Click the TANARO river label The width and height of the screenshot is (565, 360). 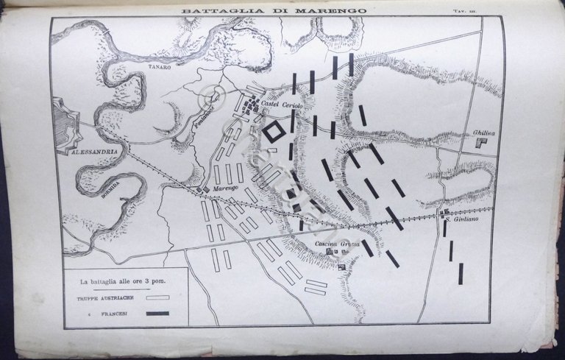pos(162,67)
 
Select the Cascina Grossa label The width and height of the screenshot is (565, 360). pos(338,244)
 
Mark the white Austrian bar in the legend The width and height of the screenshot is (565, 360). pos(157,298)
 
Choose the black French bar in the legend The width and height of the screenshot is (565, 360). pos(157,314)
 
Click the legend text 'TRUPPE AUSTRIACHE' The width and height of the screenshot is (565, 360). pos(104,298)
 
